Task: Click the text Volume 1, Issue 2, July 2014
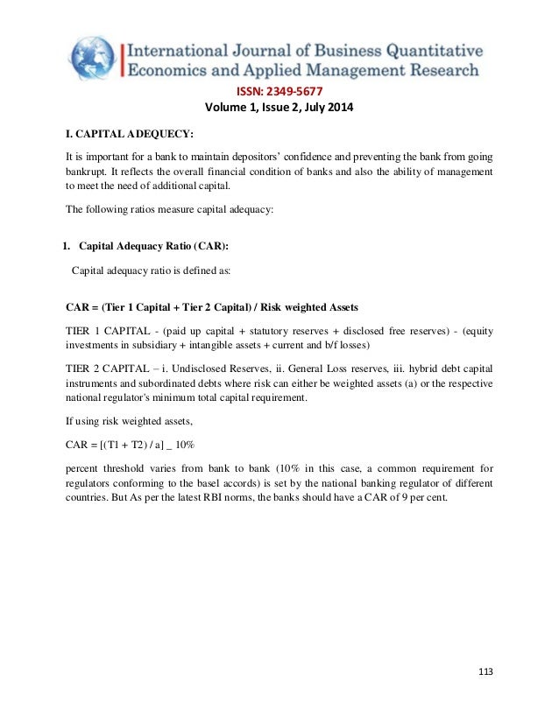pos(280,108)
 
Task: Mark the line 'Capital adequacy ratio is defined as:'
pos(150,270)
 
